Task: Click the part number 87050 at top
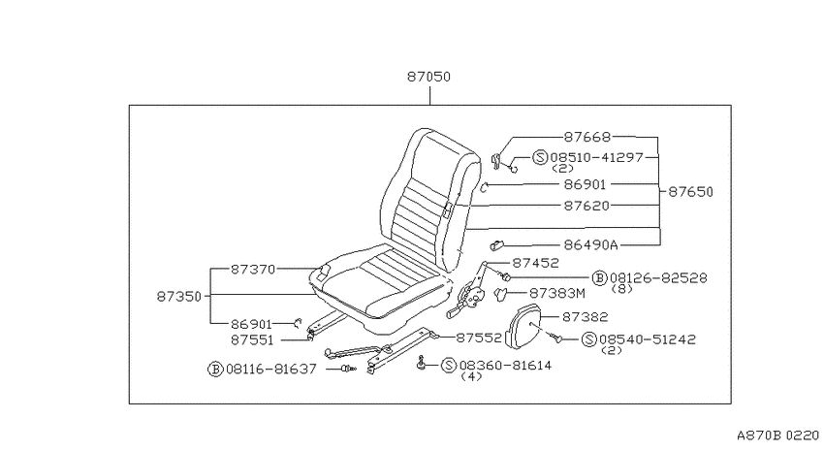point(428,77)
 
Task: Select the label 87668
point(587,137)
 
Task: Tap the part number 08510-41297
point(596,157)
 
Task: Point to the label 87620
point(586,206)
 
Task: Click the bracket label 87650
point(690,192)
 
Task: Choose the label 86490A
point(590,245)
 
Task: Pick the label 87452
point(535,263)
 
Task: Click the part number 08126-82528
point(658,278)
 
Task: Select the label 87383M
point(556,293)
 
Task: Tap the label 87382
point(585,317)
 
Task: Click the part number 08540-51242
point(647,339)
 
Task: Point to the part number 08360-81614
point(505,366)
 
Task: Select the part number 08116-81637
point(271,369)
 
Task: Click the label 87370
point(253,269)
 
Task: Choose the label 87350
point(179,297)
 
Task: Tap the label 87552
point(479,338)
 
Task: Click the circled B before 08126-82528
point(600,278)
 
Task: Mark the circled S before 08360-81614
point(448,366)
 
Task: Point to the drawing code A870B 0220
point(777,435)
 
